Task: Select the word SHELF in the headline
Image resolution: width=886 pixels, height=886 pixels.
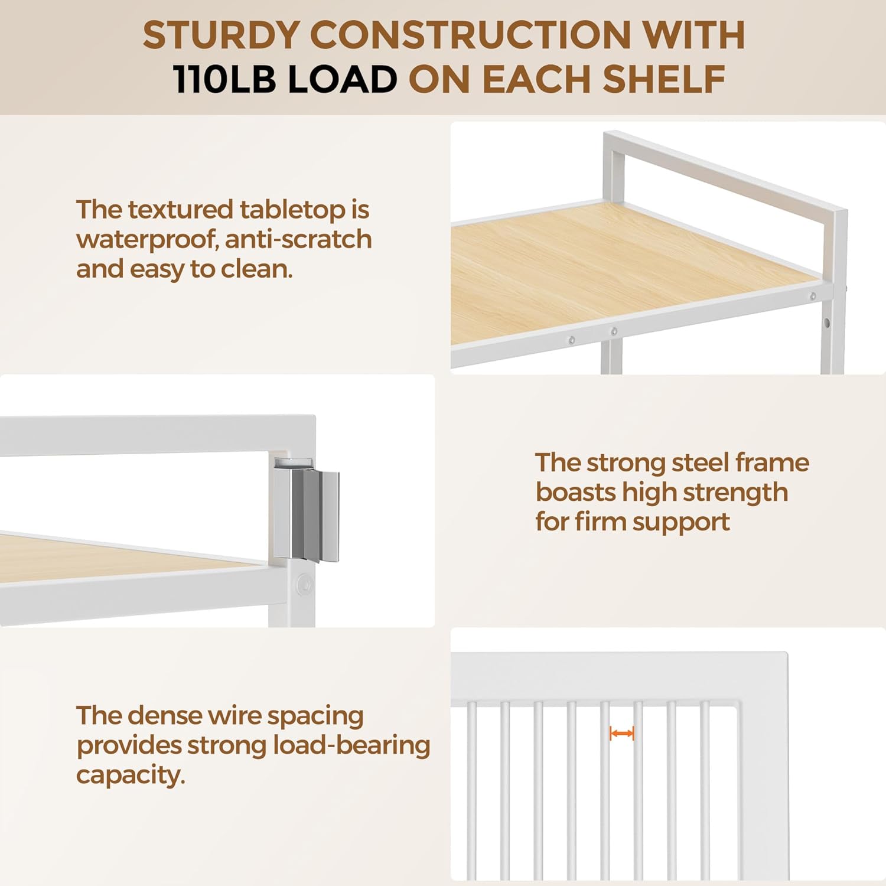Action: (664, 80)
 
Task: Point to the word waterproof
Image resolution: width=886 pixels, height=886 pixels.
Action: (146, 240)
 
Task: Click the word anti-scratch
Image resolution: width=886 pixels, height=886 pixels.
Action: (298, 239)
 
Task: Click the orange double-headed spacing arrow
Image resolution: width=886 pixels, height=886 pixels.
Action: (622, 734)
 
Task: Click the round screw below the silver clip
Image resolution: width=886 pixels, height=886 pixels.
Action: (305, 584)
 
